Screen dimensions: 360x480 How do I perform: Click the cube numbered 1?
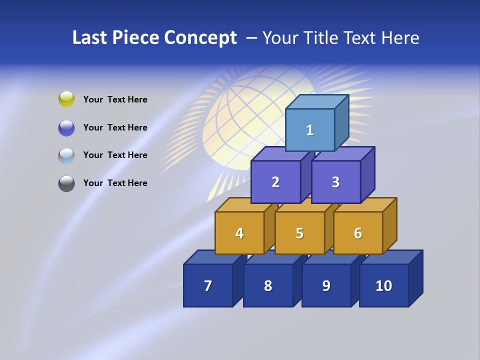[x=310, y=130]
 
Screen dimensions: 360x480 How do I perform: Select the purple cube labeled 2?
[x=275, y=182]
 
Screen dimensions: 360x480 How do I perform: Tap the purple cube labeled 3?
[x=335, y=182]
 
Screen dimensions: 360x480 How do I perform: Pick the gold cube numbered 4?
[x=239, y=233]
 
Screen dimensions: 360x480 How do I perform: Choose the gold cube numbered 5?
[x=299, y=233]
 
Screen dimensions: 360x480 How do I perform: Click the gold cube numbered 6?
[x=358, y=233]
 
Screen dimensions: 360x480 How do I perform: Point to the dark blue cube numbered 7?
[x=208, y=285]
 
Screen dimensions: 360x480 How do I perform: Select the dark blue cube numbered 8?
[x=268, y=285]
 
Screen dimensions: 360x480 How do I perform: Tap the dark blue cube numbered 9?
[x=326, y=285]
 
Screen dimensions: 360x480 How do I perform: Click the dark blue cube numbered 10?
[x=384, y=285]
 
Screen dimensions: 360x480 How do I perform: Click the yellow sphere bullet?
[x=66, y=99]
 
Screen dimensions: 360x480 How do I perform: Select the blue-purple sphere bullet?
[x=66, y=127]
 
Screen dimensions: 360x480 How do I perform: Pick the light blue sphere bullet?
[x=66, y=155]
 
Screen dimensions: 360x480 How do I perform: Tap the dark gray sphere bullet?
[x=66, y=183]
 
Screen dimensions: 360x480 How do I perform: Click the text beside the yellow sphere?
[x=115, y=99]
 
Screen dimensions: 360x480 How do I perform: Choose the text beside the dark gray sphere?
[x=115, y=183]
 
